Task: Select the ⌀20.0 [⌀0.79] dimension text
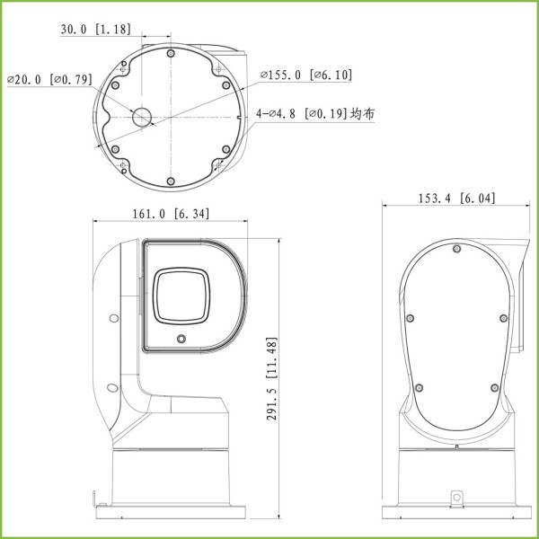pos(49,80)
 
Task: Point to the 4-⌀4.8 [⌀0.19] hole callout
pos(315,114)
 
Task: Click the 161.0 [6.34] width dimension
pos(172,214)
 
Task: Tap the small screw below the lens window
pos(182,339)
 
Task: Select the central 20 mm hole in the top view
pos(143,118)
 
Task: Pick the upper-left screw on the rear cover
pos(410,316)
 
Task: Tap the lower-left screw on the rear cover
pos(419,386)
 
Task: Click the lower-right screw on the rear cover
pos(494,386)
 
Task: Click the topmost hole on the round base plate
pos(171,53)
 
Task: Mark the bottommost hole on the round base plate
pos(171,181)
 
